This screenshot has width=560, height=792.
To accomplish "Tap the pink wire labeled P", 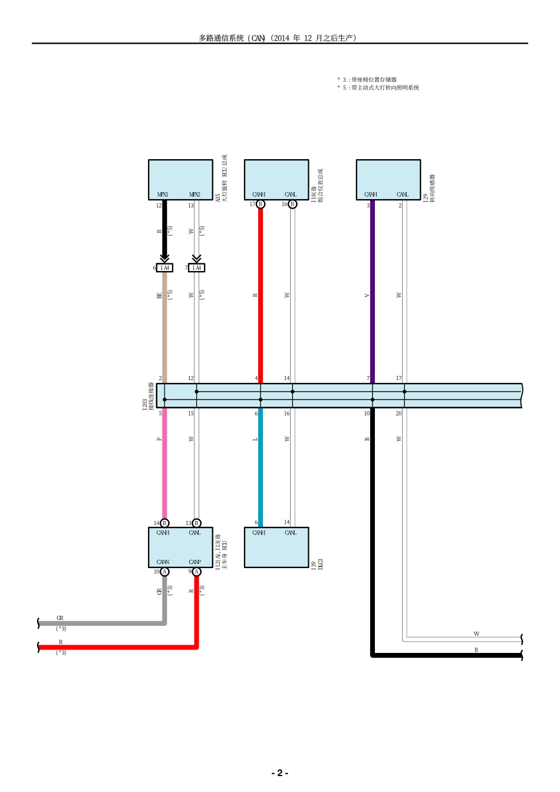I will (164, 460).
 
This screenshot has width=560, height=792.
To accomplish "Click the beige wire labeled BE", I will (164, 324).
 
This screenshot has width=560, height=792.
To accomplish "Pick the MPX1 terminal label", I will (163, 194).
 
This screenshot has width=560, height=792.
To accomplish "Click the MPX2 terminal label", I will (195, 194).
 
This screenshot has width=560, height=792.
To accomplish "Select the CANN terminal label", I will (163, 562).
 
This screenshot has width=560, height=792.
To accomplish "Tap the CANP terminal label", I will (195, 562).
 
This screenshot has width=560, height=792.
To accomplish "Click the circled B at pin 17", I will (261, 204).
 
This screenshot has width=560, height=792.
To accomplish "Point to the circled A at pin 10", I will (165, 572).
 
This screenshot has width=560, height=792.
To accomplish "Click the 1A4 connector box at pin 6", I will (165, 268).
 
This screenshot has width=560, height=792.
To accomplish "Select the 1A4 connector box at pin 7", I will (197, 268).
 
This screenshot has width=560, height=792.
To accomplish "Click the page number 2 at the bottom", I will (279, 773).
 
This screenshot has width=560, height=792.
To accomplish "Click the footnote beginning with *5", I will (378, 88).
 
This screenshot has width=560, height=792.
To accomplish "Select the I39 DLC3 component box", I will (276, 547).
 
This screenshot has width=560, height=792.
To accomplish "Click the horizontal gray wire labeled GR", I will (100, 623).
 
